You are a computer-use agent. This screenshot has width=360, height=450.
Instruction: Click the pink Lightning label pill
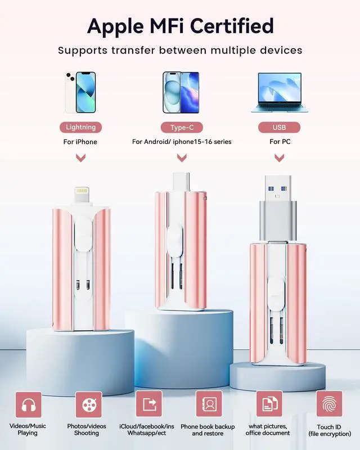[80, 127]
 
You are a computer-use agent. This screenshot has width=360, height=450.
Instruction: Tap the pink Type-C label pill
[182, 127]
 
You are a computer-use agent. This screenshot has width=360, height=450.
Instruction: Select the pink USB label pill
[279, 127]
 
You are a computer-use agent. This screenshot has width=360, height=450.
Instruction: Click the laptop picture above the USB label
[280, 92]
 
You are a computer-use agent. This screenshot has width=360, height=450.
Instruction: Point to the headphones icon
[28, 404]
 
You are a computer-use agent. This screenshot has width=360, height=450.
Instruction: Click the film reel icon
[88, 404]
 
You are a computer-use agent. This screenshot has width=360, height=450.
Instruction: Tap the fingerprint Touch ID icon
[329, 404]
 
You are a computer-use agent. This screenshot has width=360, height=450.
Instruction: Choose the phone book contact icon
[209, 404]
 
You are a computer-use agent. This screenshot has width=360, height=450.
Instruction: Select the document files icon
[269, 404]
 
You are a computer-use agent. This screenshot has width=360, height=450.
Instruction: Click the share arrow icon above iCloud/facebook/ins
[148, 404]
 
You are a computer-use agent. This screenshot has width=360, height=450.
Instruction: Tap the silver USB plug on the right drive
[279, 202]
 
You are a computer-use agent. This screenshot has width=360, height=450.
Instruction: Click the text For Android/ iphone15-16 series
[182, 142]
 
